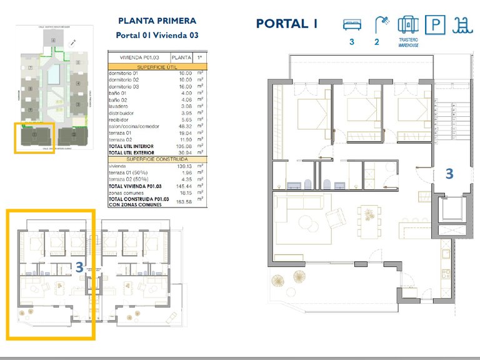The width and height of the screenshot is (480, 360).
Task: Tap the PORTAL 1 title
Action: pos(287,24)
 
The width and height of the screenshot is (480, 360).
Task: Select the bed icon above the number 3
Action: pos(352,24)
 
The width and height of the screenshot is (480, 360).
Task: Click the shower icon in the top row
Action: pos(379,25)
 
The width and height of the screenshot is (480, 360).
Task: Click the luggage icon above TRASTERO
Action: pos(407,25)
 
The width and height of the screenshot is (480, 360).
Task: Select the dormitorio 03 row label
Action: pos(125,86)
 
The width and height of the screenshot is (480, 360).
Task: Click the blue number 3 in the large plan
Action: pos(449,174)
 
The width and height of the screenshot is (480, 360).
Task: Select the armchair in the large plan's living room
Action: pos(336,217)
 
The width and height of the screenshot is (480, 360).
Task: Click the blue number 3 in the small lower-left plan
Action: pos(79,266)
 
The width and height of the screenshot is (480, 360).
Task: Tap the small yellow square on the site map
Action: pos(35,136)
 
